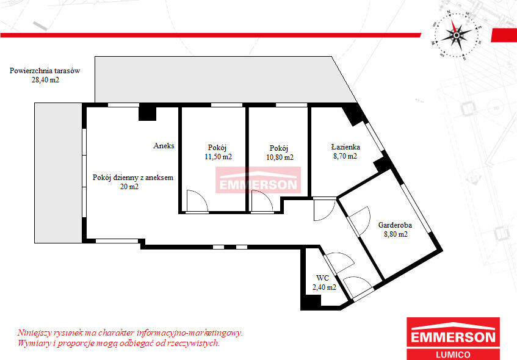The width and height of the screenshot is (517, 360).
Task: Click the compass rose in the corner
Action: tap(457, 35)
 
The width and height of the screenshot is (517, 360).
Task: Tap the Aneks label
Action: tap(164, 145)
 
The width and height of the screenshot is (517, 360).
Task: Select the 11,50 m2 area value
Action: tap(219, 157)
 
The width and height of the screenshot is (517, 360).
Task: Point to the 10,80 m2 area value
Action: tap(280, 157)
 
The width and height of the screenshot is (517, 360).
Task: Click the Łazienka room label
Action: tap(345, 146)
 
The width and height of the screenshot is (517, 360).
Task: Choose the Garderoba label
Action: tap(395, 225)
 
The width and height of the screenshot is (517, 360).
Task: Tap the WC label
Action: tap(322, 278)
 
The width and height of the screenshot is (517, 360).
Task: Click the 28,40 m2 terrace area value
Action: tap(45, 80)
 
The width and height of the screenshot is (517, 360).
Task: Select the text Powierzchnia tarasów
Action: tap(45, 71)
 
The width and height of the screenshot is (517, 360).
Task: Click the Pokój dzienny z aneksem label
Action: tap(133, 178)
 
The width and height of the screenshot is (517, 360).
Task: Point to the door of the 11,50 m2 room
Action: tap(197, 201)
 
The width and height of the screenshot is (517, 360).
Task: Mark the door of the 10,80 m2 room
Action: tap(262, 201)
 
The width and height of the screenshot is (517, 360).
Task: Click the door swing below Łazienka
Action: tap(325, 210)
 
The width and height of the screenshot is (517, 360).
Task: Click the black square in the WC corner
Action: tap(311, 301)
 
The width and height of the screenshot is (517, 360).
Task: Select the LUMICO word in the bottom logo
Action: tap(453, 355)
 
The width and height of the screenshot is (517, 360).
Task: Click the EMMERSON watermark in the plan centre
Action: tap(258, 180)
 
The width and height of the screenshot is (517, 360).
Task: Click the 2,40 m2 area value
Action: tap(325, 287)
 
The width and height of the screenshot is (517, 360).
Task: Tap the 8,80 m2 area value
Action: tap(396, 234)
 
